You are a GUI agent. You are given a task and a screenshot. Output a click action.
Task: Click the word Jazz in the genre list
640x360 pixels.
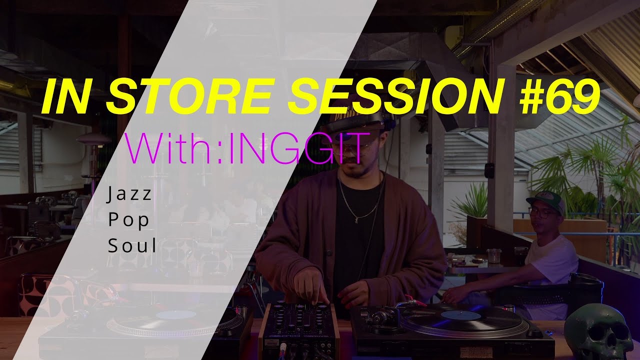click(x=129, y=195)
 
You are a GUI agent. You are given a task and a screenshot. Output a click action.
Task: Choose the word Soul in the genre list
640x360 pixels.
click(x=132, y=246)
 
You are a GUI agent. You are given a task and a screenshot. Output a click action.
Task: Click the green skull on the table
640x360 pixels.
click(x=598, y=332)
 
